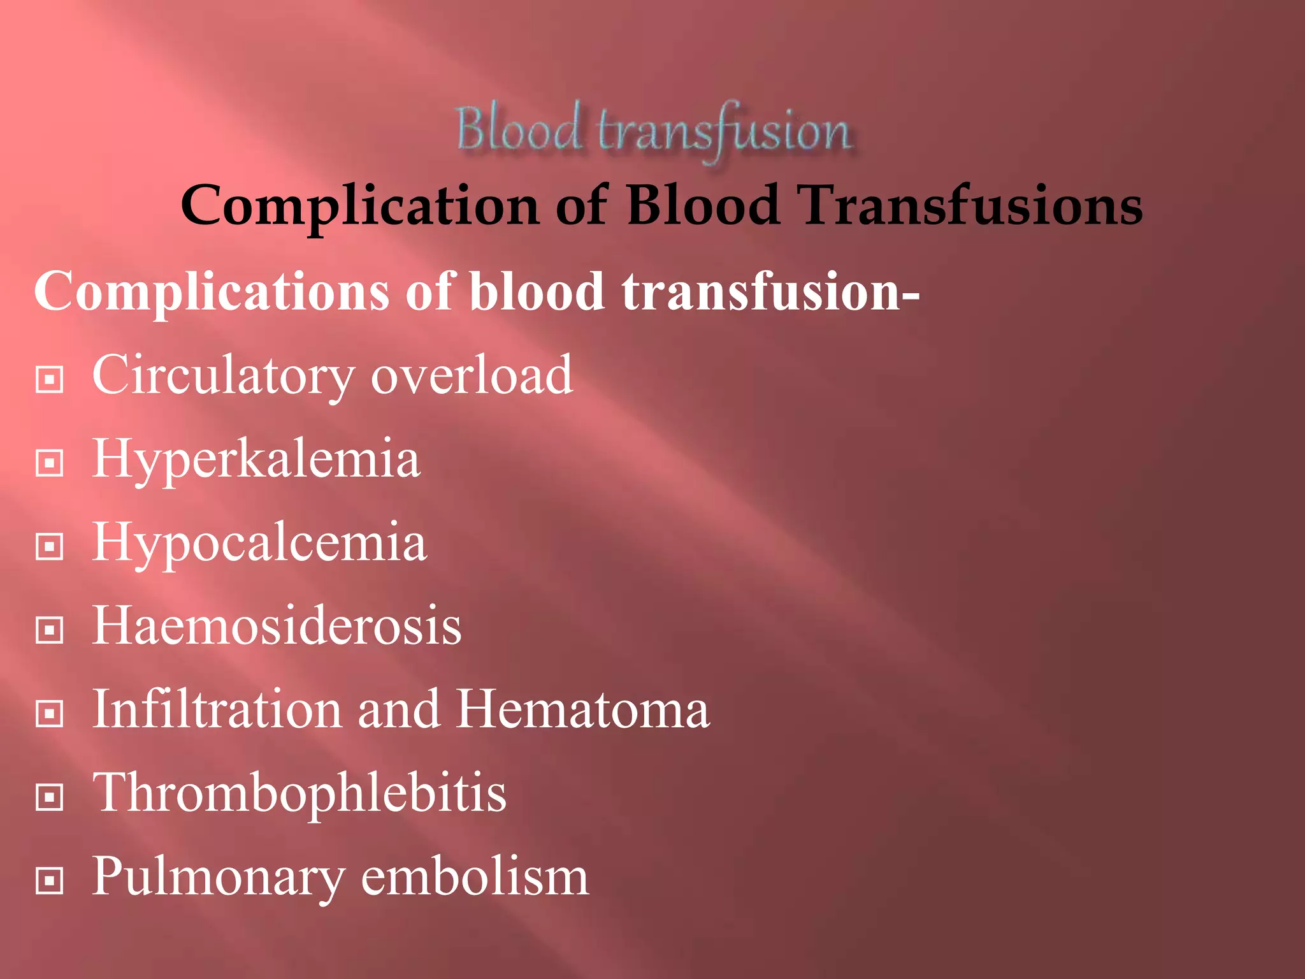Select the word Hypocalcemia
[x=259, y=543]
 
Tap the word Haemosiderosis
[x=277, y=627]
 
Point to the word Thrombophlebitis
[x=299, y=794]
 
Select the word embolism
[x=475, y=877]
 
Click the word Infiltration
[x=217, y=710]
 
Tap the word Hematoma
[x=583, y=710]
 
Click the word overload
[x=472, y=376]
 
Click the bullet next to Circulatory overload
[x=50, y=380]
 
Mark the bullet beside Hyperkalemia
[x=50, y=463]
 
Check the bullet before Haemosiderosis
[x=50, y=630]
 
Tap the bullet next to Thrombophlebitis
[x=50, y=797]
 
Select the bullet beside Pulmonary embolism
[x=50, y=881]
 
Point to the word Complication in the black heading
[x=360, y=207]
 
